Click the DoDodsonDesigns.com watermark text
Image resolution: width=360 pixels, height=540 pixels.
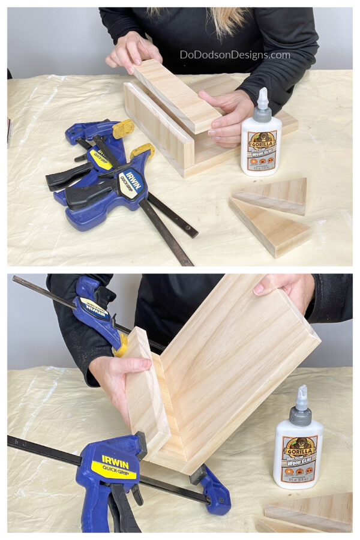point(235,55)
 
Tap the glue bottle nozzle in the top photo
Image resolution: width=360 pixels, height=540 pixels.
point(262,98)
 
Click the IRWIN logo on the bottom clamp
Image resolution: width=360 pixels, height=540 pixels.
point(115,460)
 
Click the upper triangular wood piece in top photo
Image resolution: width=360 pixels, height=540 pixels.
point(273,195)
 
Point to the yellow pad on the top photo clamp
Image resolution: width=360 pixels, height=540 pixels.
point(123,127)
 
